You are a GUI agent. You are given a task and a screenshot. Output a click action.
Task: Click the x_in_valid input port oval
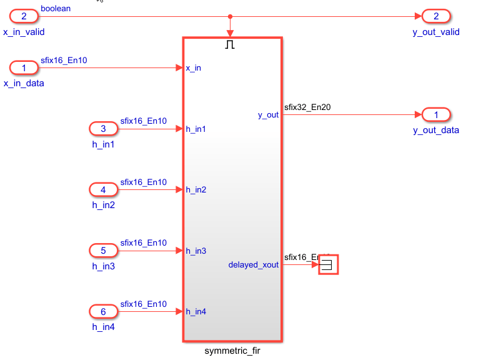(24, 16)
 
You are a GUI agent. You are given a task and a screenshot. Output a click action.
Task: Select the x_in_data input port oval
(24, 67)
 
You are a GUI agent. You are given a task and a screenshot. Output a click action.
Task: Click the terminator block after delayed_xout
(328, 265)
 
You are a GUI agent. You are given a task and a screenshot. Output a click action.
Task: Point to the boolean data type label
(56, 9)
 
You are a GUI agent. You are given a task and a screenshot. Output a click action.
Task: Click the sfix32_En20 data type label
(307, 107)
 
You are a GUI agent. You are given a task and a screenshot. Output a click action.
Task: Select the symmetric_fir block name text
(232, 351)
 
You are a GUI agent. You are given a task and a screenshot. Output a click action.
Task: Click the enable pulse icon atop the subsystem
(230, 45)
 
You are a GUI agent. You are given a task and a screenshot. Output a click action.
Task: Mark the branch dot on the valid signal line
(231, 16)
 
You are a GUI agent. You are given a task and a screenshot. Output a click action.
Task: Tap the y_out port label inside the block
(268, 115)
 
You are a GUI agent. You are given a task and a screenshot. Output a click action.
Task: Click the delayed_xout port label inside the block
(254, 265)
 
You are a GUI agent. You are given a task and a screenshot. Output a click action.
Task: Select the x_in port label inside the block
(194, 67)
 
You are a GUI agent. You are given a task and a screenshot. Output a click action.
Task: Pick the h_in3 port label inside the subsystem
(196, 251)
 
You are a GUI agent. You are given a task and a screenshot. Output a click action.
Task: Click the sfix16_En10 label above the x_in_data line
(64, 60)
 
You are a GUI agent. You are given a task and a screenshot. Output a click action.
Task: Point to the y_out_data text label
(436, 130)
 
